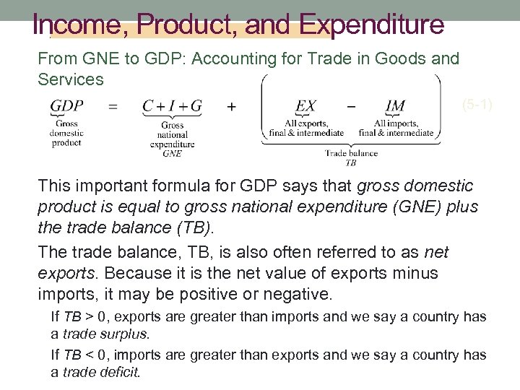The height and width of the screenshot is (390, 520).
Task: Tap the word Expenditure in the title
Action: pos(372,25)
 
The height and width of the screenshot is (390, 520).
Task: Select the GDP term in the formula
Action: pos(66,106)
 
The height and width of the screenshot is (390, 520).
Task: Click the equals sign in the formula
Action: pos(113,107)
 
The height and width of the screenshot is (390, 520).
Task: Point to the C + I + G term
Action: pos(172,106)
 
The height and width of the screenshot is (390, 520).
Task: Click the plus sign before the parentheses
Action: pos(231,107)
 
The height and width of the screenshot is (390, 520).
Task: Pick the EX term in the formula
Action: pos(305,106)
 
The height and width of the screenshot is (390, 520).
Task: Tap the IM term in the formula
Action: pos(395,106)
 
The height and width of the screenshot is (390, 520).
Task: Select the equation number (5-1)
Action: pos(477,105)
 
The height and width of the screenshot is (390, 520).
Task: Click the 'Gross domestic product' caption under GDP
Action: pos(66,133)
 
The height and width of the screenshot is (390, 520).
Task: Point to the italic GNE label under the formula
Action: pos(173,153)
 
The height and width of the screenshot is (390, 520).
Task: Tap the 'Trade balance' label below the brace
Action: pos(351,153)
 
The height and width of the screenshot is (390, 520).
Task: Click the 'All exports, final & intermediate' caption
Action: pos(306,128)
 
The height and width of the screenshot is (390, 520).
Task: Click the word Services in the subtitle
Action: pos(71,79)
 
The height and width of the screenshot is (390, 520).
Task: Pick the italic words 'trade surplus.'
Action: pos(106,334)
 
